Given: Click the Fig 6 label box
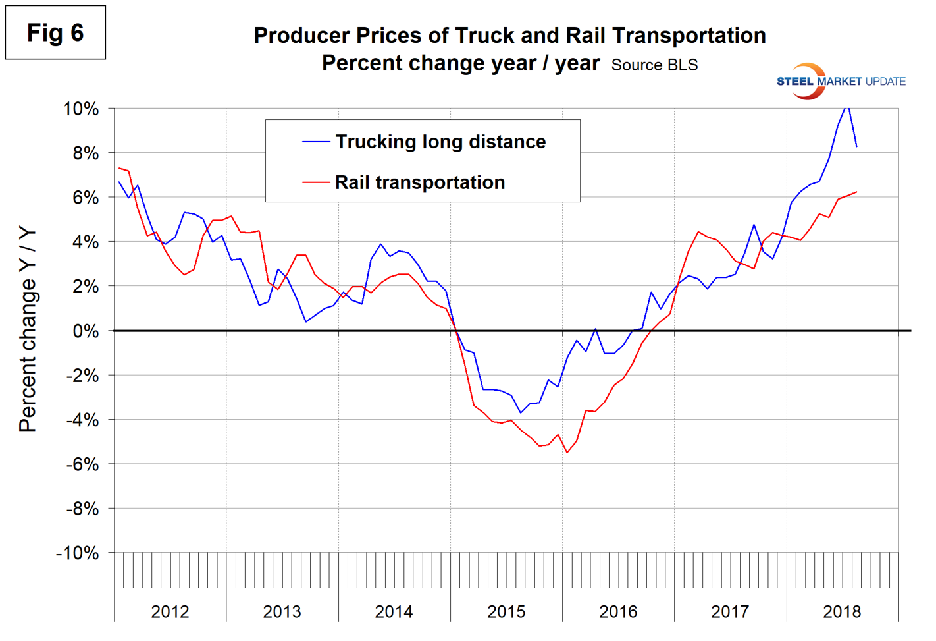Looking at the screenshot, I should pyautogui.click(x=55, y=32).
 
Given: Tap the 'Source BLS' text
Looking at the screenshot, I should pyautogui.click(x=654, y=65).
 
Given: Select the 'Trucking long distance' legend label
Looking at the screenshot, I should pyautogui.click(x=440, y=142).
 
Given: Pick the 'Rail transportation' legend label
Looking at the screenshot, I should pyautogui.click(x=420, y=182).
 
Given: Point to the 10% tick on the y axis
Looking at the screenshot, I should pyautogui.click(x=81, y=109).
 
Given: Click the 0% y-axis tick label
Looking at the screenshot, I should pyautogui.click(x=86, y=331).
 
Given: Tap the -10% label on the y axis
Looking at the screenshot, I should pyautogui.click(x=77, y=553).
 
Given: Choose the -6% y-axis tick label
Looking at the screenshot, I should pyautogui.click(x=82, y=464).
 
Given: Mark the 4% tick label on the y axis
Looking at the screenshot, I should pyautogui.click(x=86, y=242).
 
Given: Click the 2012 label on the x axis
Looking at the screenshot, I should pyautogui.click(x=170, y=612).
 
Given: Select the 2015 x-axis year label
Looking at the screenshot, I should pyautogui.click(x=506, y=612).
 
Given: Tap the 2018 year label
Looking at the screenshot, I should pyautogui.click(x=842, y=612).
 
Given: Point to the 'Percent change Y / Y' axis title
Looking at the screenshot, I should pyautogui.click(x=28, y=329).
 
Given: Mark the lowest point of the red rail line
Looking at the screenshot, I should pyautogui.click(x=567, y=452).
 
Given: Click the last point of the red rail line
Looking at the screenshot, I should pyautogui.click(x=856, y=192).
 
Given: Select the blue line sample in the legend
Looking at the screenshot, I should pyautogui.click(x=316, y=142).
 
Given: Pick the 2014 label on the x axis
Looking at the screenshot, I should pyautogui.click(x=394, y=612).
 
